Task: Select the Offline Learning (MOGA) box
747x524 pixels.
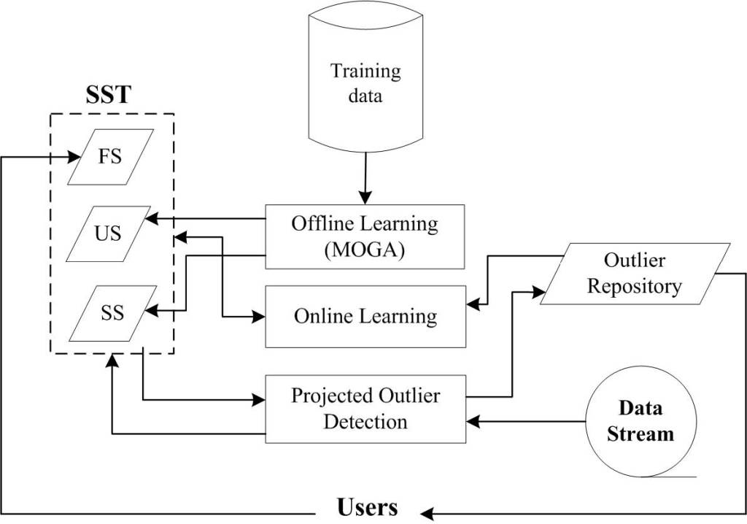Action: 365,236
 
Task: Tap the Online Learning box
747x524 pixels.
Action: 365,316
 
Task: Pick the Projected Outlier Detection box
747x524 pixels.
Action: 365,409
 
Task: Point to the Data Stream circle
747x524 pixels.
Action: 641,423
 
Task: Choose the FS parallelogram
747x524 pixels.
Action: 111,157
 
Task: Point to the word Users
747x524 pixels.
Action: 368,507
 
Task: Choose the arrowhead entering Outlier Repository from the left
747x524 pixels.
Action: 542,292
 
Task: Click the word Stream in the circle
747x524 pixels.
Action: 641,434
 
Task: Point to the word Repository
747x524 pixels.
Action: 634,286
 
